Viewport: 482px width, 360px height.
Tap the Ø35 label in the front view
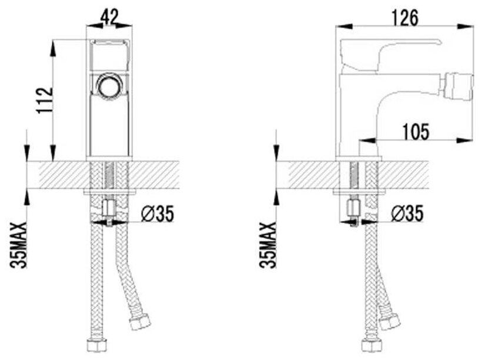159,215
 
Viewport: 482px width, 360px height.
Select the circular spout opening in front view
109,85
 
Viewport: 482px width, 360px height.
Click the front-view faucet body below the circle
109,126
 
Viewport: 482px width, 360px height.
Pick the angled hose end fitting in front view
140,321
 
